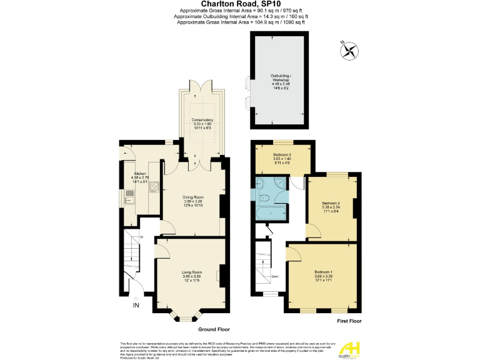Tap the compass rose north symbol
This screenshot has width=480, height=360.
click(x=350, y=50)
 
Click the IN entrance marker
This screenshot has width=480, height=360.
click(x=136, y=305)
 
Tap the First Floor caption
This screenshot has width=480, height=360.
click(x=348, y=321)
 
